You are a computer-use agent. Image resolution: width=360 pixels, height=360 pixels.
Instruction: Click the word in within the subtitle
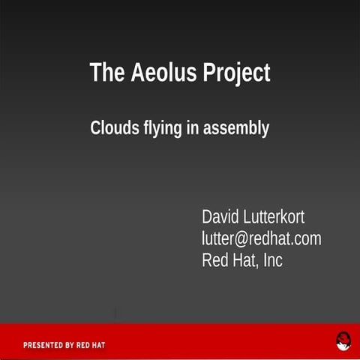click(x=193, y=128)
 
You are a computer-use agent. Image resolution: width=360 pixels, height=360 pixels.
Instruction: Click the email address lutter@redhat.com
click(x=261, y=239)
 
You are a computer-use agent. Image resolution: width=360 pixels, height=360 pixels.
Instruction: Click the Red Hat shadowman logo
click(x=343, y=342)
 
